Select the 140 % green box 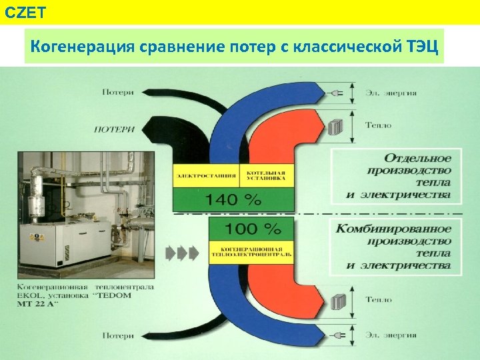tap(233, 199)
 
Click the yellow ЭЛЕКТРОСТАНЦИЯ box tap(207, 177)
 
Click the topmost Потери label tap(118, 92)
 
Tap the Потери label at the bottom tap(118, 336)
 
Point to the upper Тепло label tap(379, 125)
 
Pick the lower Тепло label tap(379, 300)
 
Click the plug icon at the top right tap(336, 94)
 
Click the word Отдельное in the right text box tap(417, 159)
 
